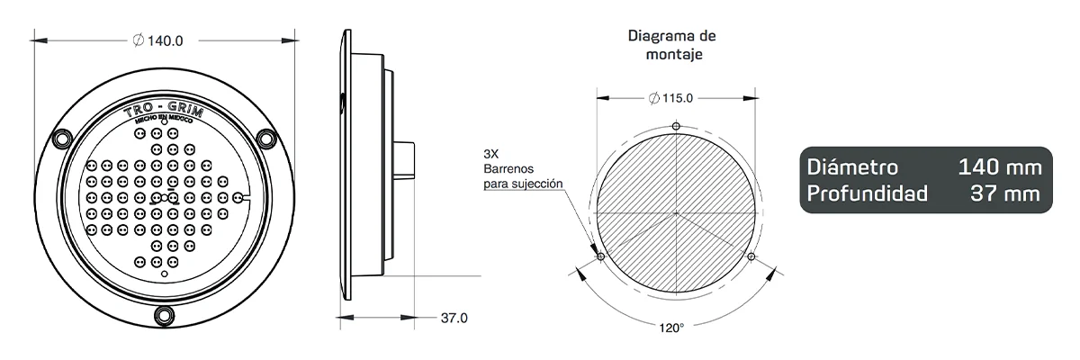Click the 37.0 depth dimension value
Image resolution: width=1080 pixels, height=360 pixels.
(x=454, y=318)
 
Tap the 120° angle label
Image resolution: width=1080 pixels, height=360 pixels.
(x=671, y=328)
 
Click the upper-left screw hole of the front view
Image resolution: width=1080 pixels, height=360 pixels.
(x=61, y=139)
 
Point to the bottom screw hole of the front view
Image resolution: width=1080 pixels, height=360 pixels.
(x=164, y=314)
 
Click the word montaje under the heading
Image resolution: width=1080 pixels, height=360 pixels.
(x=672, y=54)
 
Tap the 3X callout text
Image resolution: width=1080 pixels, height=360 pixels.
(x=490, y=153)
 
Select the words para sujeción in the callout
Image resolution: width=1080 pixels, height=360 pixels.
(x=523, y=184)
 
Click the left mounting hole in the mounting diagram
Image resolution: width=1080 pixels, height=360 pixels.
(x=600, y=257)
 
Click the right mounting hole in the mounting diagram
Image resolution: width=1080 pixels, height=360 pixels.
(x=751, y=257)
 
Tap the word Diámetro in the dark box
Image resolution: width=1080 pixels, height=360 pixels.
(x=851, y=168)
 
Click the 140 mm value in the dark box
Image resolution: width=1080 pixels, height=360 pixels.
(x=999, y=168)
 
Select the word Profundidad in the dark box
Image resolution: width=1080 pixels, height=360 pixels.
(x=868, y=193)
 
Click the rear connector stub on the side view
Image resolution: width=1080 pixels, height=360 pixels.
(x=404, y=160)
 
